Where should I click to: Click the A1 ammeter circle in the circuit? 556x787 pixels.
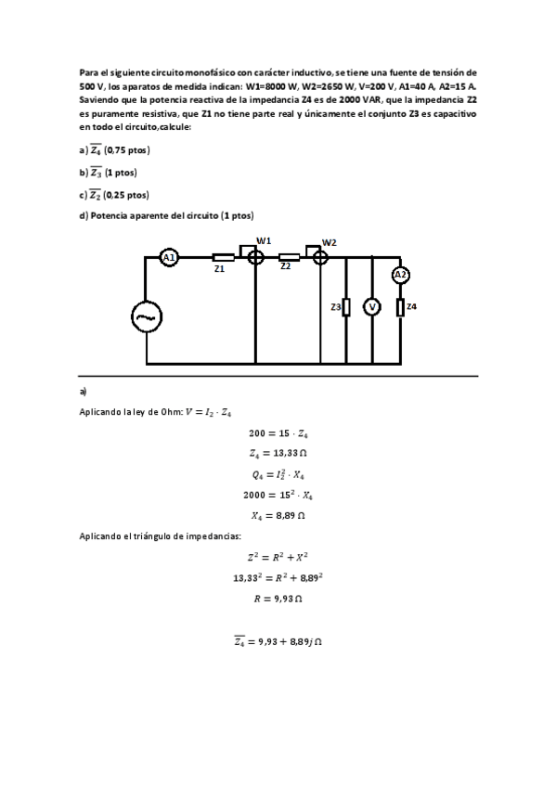(x=169, y=258)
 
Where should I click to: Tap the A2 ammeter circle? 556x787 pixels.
(x=400, y=275)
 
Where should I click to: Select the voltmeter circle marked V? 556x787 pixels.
(x=371, y=307)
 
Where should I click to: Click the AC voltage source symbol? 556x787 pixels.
(x=147, y=317)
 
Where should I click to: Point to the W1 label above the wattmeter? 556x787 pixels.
(x=264, y=241)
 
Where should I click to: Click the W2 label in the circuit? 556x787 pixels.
(x=330, y=242)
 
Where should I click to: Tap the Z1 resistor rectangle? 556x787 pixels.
(x=223, y=258)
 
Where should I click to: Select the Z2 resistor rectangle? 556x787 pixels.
(x=289, y=257)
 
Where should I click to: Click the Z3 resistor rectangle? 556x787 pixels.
(x=346, y=307)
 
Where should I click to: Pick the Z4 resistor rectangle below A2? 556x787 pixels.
(x=400, y=307)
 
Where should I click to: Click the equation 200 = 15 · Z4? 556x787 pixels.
(x=278, y=432)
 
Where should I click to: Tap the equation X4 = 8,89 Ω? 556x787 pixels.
(x=278, y=514)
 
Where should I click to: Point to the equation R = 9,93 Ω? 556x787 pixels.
(x=278, y=599)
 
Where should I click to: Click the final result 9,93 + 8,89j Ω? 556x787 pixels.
(x=278, y=641)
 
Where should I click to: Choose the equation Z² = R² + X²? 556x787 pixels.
(x=278, y=557)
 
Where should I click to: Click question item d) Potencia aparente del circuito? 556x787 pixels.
(x=166, y=216)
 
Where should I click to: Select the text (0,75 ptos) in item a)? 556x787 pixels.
(x=126, y=150)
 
